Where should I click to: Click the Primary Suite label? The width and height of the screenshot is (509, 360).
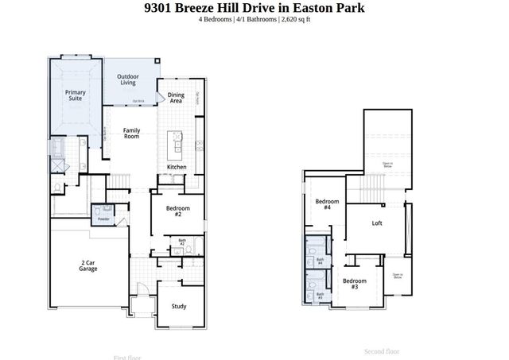coord(75,96)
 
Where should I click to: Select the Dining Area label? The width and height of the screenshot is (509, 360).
coord(176,99)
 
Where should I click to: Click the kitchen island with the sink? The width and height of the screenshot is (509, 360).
coord(177,143)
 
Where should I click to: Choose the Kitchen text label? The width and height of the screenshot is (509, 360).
coord(177,167)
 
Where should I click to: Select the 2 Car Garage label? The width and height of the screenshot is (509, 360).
coord(88,265)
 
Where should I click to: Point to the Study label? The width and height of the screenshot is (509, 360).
coord(179,305)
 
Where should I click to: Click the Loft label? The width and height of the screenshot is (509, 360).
coord(377,223)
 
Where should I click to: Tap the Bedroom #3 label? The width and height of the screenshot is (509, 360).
coord(354,284)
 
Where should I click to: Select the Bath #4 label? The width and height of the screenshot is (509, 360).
coord(321,260)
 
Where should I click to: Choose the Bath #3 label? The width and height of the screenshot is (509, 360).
coord(321,295)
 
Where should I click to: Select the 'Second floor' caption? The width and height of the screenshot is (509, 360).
coord(382,350)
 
